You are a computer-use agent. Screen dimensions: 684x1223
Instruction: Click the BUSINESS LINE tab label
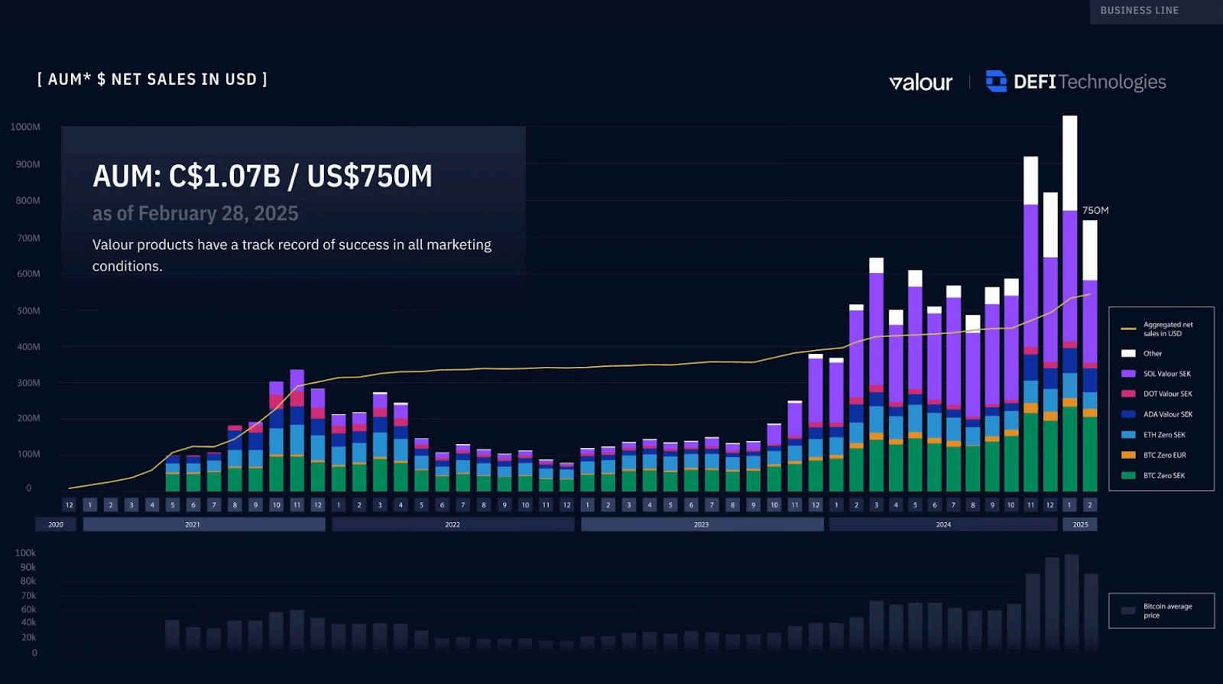pos(1139,11)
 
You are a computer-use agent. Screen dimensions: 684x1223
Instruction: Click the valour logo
pos(920,83)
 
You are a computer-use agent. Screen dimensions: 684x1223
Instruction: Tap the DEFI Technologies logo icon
pos(996,81)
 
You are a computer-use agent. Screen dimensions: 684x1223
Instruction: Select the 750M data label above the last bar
pos(1095,210)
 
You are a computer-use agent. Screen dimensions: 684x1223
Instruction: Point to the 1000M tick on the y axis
pos(25,127)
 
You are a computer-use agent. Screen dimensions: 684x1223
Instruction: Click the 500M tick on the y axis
pos(28,311)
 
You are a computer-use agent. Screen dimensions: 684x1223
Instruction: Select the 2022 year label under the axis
pos(453,524)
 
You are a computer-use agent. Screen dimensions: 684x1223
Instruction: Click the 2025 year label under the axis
pos(1080,524)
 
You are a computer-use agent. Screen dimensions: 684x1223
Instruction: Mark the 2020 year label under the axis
pos(56,524)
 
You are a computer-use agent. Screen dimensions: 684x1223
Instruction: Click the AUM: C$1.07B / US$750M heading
pos(262,177)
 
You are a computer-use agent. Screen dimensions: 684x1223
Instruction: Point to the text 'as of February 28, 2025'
pos(195,214)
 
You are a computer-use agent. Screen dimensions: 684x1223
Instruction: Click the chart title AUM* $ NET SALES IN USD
pos(152,79)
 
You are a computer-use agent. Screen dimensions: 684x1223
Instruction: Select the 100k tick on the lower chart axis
pos(25,553)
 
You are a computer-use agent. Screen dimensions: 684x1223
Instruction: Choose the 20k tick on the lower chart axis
pos(28,637)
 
